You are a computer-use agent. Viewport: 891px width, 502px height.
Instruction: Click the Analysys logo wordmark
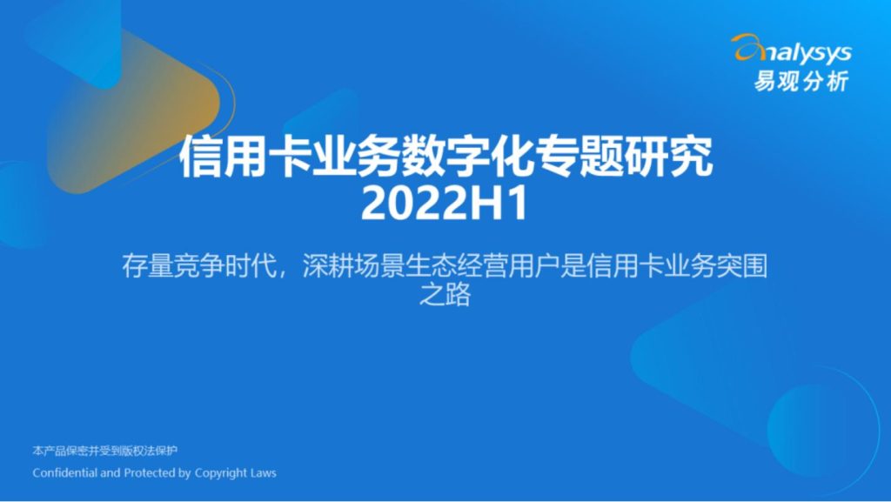click(792, 50)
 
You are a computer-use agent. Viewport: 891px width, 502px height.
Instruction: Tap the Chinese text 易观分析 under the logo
click(801, 81)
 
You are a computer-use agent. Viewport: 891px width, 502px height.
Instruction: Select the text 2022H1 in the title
click(445, 204)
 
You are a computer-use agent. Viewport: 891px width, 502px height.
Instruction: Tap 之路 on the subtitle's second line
click(445, 295)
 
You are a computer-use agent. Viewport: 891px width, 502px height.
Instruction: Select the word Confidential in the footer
click(64, 472)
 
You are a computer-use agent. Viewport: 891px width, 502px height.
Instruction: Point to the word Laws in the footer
click(263, 472)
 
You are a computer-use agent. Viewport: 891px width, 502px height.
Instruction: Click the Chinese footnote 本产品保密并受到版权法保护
click(105, 451)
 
